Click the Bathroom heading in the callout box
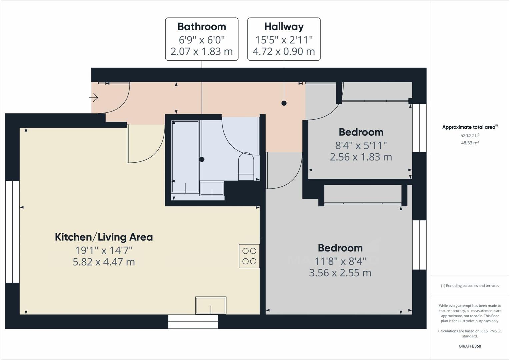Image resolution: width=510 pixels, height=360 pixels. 202,27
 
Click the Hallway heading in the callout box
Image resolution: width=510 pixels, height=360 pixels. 284,27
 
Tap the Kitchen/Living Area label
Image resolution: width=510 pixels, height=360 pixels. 104,237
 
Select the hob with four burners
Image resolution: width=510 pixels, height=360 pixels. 249,256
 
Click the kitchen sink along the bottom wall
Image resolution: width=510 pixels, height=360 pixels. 211,305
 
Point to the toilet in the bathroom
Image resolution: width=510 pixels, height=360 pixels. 246,166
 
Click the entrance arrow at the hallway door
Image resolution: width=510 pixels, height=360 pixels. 93,98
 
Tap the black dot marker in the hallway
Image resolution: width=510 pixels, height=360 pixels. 284,103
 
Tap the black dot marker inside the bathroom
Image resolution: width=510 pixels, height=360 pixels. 202,159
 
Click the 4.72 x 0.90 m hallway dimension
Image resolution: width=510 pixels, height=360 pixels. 284,52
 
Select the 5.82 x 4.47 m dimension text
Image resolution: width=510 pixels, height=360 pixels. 104,262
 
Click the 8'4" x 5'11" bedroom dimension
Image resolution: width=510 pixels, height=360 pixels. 361,145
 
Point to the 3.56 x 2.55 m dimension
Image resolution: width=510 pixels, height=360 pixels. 340,273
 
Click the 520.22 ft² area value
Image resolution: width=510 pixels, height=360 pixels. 470,136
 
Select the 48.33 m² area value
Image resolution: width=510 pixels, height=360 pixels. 470,143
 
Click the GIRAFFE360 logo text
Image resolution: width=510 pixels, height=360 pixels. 470,346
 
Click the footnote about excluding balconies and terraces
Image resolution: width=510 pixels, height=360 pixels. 470,286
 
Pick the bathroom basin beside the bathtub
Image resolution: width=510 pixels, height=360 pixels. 212,188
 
